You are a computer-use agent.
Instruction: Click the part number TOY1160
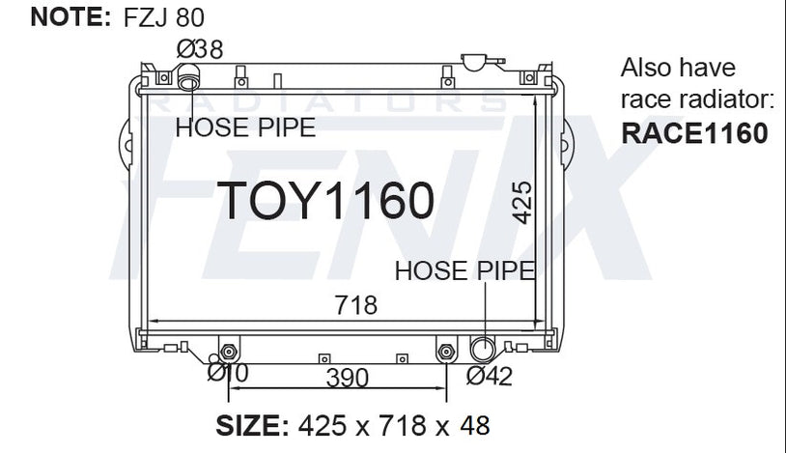pos(325,200)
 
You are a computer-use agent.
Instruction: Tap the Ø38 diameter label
pos(200,49)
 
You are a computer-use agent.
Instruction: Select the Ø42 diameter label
pos(490,376)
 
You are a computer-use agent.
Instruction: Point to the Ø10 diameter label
pos(228,373)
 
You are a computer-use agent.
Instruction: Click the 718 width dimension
pos(356,305)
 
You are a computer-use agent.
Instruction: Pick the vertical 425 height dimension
pos(521,202)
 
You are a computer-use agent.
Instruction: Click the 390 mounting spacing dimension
pos(348,378)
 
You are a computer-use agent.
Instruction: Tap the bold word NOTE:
pos(70,17)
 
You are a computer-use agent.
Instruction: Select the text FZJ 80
pos(164,17)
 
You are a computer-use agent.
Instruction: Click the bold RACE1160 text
pos(695,133)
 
